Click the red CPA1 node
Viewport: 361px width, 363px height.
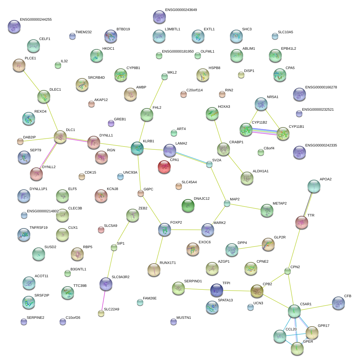[x=164, y=167]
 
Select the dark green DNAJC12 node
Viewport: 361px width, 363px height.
[x=188, y=205]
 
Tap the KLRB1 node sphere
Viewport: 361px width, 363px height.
[x=137, y=148]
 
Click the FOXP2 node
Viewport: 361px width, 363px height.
[x=165, y=229]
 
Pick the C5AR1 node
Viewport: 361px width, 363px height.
[x=294, y=311]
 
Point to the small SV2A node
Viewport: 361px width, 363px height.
[x=209, y=164]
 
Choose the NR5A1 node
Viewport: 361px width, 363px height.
[x=261, y=104]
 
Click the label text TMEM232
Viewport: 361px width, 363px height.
[x=83, y=32]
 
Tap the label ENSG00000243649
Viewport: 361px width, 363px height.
[x=181, y=10]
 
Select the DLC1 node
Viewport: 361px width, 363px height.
[x=60, y=137]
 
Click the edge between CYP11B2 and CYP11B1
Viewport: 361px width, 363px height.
[x=264, y=132]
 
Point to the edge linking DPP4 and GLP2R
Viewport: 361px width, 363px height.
[x=250, y=247]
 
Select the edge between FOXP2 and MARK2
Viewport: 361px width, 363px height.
[x=186, y=230]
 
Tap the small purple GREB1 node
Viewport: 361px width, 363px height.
[x=111, y=123]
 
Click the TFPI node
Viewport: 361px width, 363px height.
[x=216, y=290]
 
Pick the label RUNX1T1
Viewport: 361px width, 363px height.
[x=168, y=263]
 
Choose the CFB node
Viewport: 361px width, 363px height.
[x=338, y=303]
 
